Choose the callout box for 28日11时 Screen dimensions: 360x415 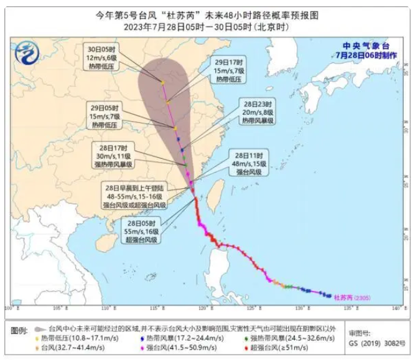[252, 163]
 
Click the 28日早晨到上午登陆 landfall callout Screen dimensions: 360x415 [135, 196]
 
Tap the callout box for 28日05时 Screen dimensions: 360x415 [142, 230]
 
